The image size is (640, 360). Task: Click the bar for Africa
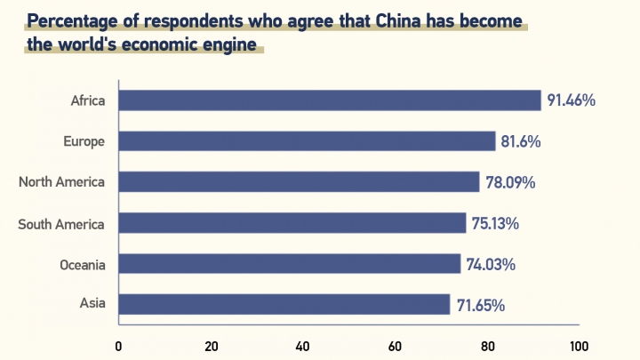click(x=329, y=100)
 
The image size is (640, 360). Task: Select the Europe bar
click(x=306, y=141)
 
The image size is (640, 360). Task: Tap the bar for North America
click(x=298, y=182)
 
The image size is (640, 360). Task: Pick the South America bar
click(x=292, y=223)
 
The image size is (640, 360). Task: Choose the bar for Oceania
click(x=289, y=264)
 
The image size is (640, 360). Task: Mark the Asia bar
click(x=284, y=305)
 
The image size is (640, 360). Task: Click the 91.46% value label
click(x=571, y=100)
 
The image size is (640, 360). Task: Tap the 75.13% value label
click(x=495, y=223)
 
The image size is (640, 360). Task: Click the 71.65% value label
click(x=480, y=305)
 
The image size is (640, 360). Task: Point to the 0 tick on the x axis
click(x=118, y=346)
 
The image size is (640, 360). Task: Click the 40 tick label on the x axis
click(x=302, y=346)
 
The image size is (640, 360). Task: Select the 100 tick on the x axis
click(x=579, y=346)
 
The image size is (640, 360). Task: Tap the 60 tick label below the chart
click(x=395, y=346)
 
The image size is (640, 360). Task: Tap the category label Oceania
click(x=83, y=264)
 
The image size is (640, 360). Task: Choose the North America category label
click(x=62, y=182)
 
